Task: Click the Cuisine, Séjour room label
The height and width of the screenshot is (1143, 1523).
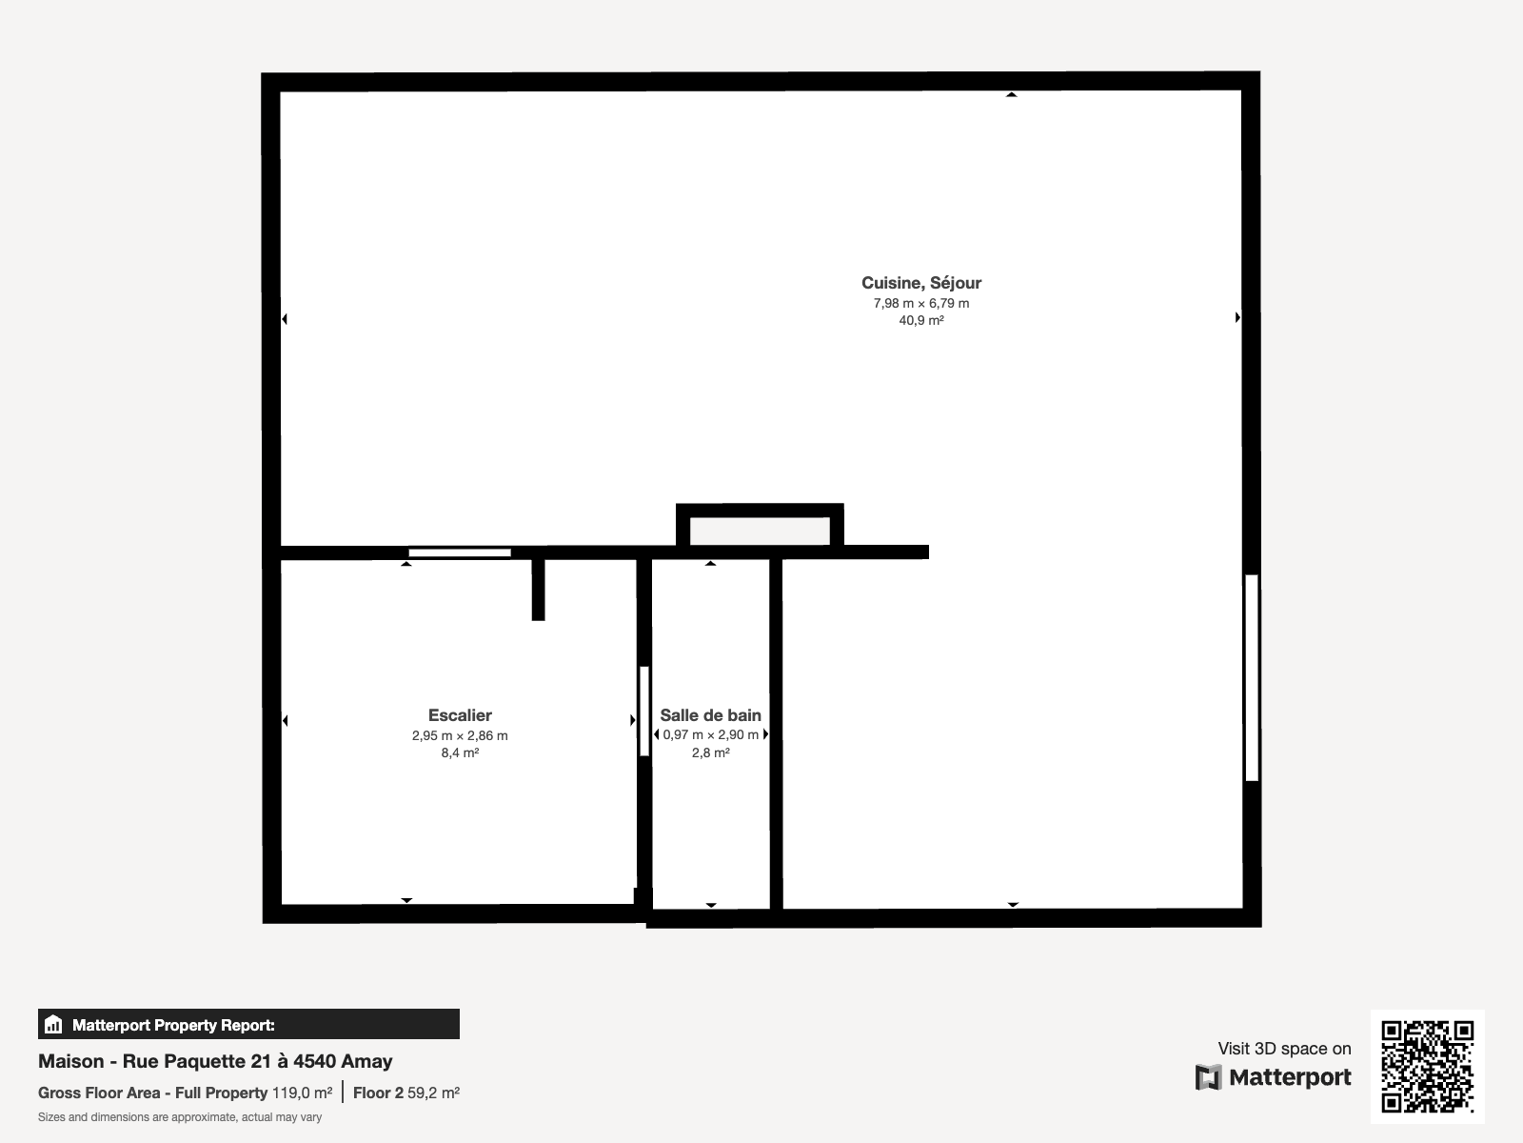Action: tap(920, 283)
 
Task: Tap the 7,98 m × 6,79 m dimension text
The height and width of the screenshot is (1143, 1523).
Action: tap(920, 303)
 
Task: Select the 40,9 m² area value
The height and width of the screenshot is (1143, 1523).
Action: tap(920, 321)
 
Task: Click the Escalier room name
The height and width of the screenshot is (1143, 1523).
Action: tap(460, 714)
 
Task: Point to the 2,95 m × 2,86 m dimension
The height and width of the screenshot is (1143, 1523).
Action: tap(460, 735)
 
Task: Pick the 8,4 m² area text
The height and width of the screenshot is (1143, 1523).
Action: tap(460, 753)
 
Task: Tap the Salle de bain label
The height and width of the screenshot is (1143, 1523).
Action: tap(710, 714)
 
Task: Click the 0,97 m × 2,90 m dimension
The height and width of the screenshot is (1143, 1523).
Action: tap(710, 735)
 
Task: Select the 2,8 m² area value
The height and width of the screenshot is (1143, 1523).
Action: tap(710, 753)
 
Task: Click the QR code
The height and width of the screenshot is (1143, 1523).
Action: tap(1427, 1066)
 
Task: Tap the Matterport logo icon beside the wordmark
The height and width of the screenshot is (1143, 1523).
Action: tap(1208, 1078)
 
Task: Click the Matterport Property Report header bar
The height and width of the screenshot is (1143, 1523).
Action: tap(248, 1024)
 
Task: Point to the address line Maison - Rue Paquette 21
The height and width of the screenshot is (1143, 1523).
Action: tap(215, 1061)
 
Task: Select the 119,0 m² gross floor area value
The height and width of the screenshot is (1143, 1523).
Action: tap(302, 1093)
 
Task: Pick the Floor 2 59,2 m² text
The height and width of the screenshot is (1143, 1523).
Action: tap(405, 1093)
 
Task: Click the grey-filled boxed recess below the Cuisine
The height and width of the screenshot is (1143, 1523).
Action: tap(760, 531)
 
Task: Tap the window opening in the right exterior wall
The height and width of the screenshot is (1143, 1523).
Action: tap(1252, 678)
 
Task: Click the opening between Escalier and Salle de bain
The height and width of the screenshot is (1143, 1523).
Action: tap(643, 712)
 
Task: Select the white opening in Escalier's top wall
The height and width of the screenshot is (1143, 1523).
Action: tap(460, 553)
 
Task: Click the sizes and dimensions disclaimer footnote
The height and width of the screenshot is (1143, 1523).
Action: tap(180, 1117)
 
